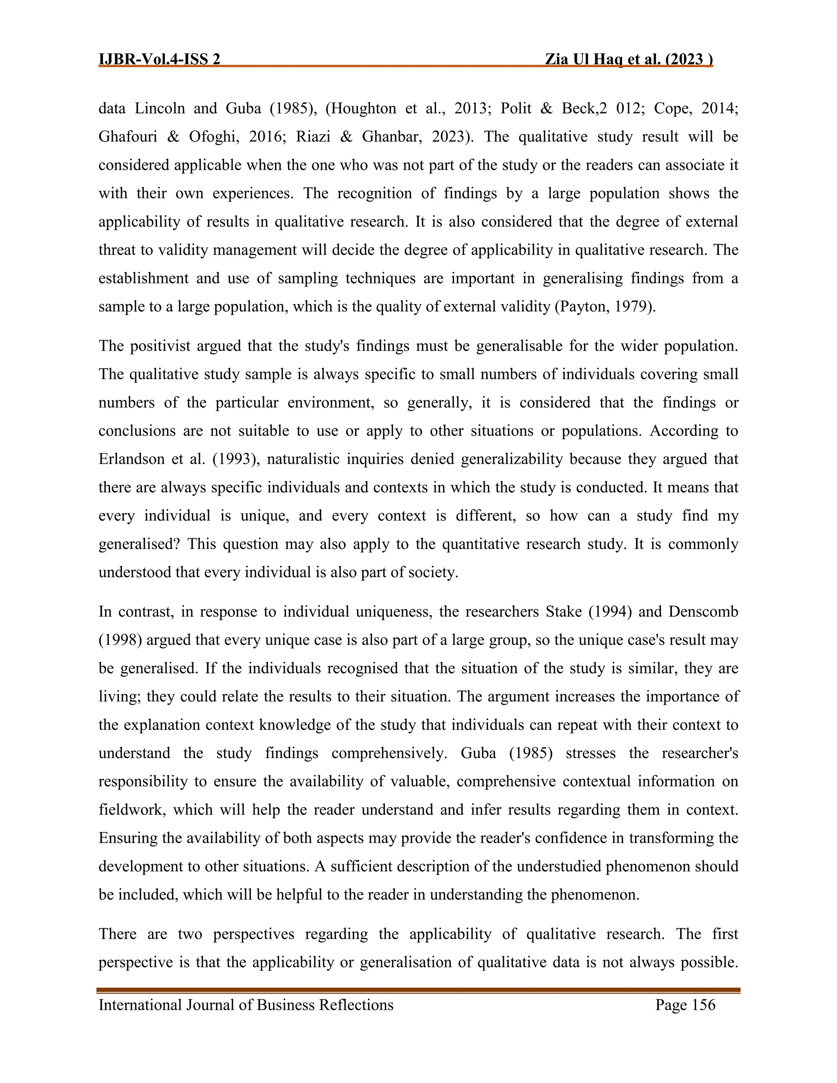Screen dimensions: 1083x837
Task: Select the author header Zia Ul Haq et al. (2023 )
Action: point(628,60)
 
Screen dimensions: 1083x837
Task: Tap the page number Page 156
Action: point(685,1005)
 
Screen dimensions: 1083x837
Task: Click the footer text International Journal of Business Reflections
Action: point(246,1005)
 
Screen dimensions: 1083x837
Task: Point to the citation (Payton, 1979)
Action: point(605,307)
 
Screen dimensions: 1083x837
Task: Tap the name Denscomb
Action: point(703,611)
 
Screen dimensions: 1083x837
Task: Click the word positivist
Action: point(160,346)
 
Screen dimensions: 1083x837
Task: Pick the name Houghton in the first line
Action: point(363,109)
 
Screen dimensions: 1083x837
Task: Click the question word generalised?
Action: point(139,544)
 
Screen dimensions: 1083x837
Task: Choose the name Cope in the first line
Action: point(671,109)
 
